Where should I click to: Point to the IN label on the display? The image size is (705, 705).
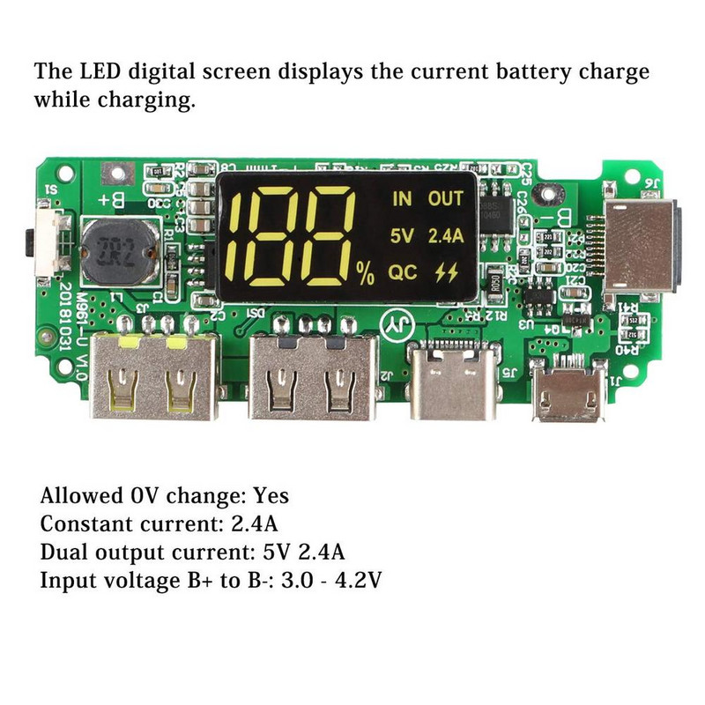(402, 199)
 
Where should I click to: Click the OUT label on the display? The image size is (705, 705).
(445, 199)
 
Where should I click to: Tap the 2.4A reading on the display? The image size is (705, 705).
(445, 235)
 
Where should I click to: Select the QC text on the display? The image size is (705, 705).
(403, 272)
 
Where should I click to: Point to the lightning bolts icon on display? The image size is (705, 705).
(447, 272)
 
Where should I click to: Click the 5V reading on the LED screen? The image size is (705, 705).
(401, 235)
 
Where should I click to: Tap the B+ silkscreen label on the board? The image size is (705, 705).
(110, 201)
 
